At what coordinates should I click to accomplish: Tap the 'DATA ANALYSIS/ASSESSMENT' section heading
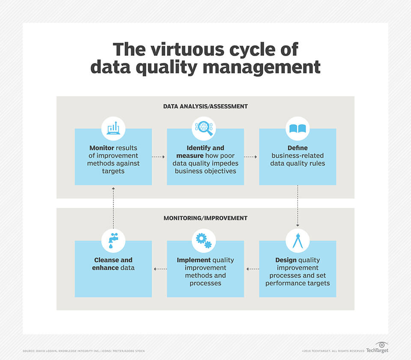[205, 106]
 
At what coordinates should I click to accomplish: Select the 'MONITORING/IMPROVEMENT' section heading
[205, 218]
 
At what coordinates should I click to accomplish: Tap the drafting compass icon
[298, 240]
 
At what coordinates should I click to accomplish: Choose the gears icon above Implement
[204, 240]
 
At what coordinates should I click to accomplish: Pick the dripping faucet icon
[113, 240]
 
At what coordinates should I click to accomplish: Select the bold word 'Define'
[298, 148]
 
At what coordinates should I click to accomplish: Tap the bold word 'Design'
[286, 260]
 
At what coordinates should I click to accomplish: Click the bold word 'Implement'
[194, 260]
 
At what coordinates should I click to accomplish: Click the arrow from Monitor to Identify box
[159, 157]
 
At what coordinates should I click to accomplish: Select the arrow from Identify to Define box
[251, 157]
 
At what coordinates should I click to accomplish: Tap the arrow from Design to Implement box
[252, 269]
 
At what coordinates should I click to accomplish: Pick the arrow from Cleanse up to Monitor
[113, 208]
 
